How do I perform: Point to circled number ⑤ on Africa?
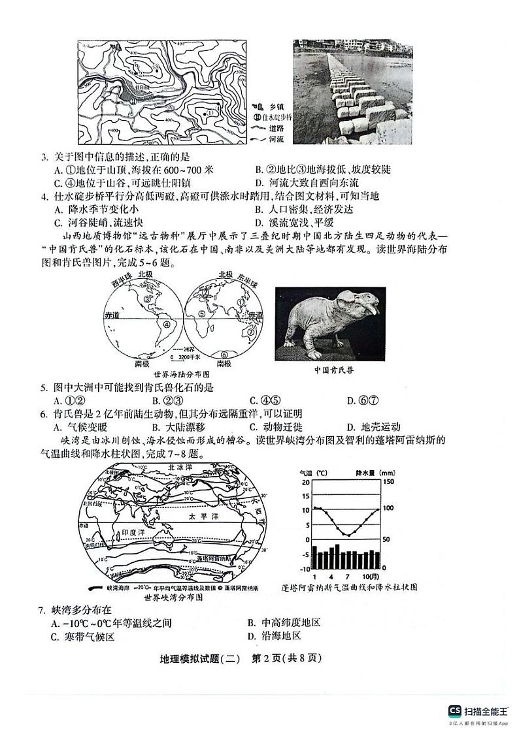coord(203,314)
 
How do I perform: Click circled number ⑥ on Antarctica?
coord(224,355)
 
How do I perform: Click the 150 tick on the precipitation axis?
coord(388,482)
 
